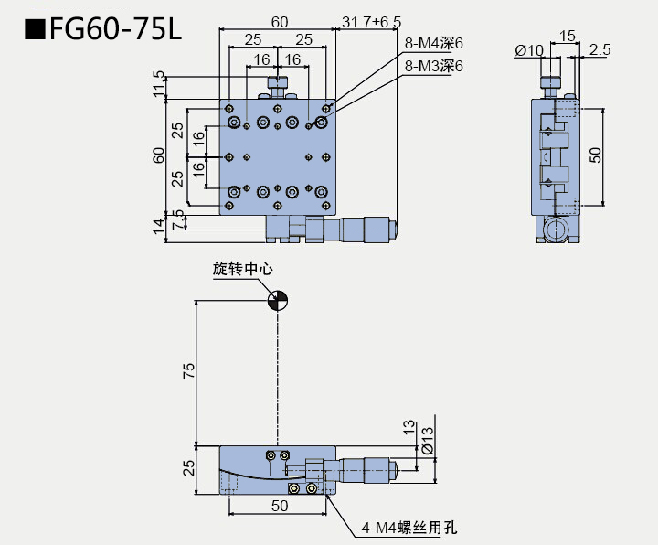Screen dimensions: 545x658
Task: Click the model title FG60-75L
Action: point(103,30)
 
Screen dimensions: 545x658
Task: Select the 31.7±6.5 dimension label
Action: point(371,21)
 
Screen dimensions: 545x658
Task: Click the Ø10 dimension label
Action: point(529,50)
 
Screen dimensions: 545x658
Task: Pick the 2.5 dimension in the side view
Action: point(600,50)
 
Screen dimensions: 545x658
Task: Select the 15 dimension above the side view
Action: point(567,36)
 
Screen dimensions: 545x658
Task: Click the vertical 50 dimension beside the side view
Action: point(595,155)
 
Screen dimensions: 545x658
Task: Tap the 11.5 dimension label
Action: point(159,84)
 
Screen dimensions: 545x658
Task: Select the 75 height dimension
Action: point(188,369)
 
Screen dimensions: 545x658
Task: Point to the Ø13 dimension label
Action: point(427,445)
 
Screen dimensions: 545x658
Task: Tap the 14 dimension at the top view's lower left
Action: point(158,226)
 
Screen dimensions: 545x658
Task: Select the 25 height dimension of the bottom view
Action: point(188,468)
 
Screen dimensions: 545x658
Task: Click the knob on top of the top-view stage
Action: point(278,85)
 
